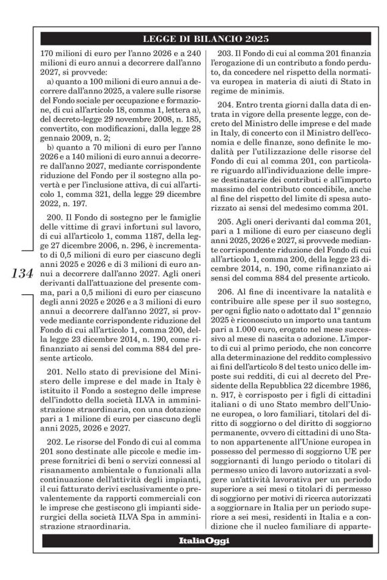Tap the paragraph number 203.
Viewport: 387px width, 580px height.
pyautogui.click(x=229, y=53)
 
